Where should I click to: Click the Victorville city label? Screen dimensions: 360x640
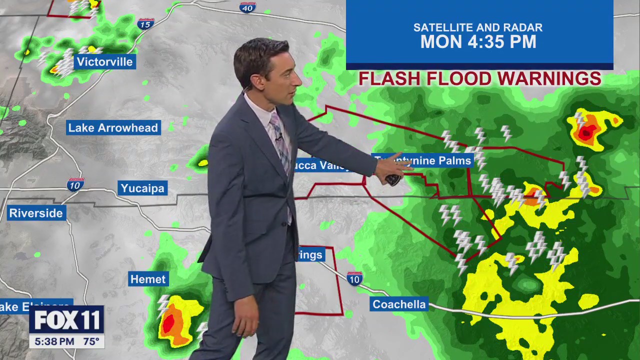coord(105,62)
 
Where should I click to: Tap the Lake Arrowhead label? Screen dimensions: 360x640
coord(113,128)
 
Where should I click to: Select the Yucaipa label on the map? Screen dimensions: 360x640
coord(142,188)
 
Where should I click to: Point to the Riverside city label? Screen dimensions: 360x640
coord(36,213)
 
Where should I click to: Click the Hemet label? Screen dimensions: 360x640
coord(148,279)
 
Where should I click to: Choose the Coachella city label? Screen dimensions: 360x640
coord(399,304)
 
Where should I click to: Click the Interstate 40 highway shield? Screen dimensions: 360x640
coord(247,7)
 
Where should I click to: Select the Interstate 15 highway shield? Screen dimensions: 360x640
coord(145,23)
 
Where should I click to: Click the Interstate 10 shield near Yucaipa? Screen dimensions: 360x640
coord(75,185)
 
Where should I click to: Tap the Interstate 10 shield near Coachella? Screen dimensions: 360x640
coord(354,278)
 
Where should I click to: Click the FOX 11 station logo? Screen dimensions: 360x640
coord(66,320)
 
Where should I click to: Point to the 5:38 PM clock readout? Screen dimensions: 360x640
coord(52,342)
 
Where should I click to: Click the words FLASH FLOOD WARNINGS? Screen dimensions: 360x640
coord(479,79)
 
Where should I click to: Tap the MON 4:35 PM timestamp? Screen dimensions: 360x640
coord(478,42)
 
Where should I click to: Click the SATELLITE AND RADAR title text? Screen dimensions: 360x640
coord(478,28)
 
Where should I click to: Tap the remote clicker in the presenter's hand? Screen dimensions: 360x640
coord(393,178)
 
